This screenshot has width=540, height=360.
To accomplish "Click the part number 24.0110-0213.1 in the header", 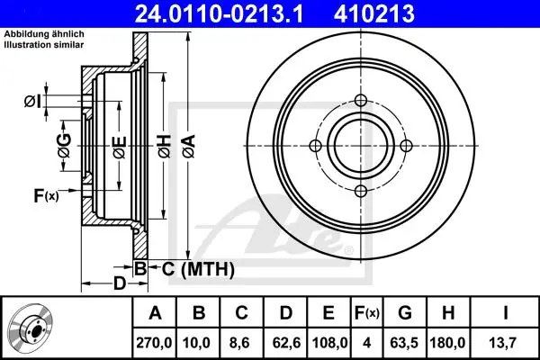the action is tap(219, 14).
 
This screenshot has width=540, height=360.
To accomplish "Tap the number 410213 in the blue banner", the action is tap(374, 14).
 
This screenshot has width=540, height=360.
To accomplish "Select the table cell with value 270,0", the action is tap(154, 343).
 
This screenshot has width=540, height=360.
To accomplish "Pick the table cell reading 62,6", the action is tap(286, 343).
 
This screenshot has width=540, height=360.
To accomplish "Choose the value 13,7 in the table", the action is tap(505, 343).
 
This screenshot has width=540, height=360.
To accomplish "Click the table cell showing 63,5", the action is tap(404, 343).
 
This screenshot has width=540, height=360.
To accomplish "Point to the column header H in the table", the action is tap(448, 313).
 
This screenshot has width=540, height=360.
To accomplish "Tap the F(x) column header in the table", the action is tap(367, 313).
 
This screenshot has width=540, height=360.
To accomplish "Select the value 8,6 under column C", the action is tap(241, 343).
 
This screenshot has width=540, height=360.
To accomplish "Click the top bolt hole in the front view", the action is tap(361, 101).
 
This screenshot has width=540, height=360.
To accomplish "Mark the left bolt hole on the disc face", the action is tap(316, 146).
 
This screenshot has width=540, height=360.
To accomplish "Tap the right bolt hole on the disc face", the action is tap(406, 146).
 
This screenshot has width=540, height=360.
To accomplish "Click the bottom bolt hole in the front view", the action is tap(361, 191).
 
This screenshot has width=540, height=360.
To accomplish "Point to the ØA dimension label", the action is tap(189, 147).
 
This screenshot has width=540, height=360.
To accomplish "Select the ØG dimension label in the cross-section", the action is tap(65, 146).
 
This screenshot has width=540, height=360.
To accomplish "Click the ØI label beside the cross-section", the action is tap(33, 102).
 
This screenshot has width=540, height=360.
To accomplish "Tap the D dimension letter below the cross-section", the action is tap(120, 283).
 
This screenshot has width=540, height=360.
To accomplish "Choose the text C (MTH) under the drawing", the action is tap(198, 269).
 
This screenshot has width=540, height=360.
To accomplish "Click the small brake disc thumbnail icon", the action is tap(31, 326).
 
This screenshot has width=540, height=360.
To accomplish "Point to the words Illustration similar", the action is tap(44, 44).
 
